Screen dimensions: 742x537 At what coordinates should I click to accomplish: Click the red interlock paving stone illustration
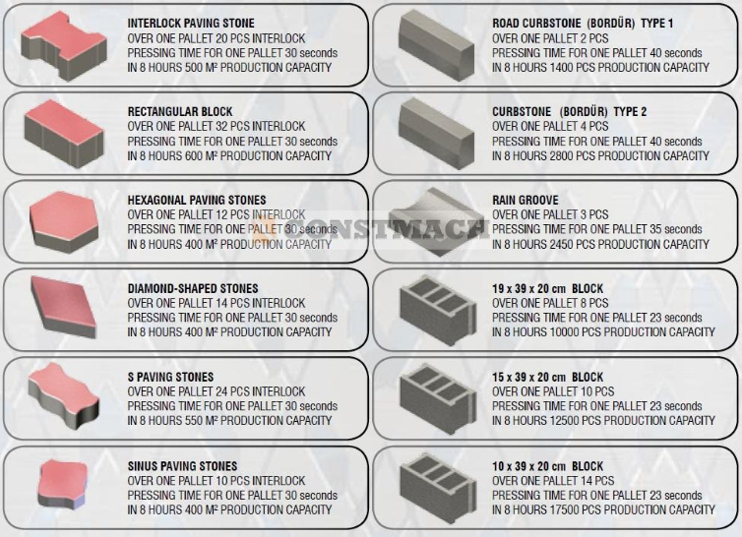[x=63, y=46]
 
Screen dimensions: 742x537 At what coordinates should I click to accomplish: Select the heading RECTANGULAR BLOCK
[x=180, y=112]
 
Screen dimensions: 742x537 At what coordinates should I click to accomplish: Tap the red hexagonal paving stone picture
[x=64, y=222]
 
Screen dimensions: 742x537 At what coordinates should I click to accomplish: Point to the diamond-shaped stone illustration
[x=63, y=308]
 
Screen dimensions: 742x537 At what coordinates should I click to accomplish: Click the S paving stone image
[x=63, y=395]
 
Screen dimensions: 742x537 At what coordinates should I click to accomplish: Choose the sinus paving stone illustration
[x=63, y=484]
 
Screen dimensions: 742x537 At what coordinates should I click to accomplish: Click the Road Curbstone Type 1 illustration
[x=436, y=45]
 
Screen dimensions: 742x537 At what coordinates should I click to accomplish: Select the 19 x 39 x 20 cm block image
[x=438, y=310]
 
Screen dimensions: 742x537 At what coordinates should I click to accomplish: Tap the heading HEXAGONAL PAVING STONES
[x=197, y=200]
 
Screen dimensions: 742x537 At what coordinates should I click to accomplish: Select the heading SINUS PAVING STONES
[x=182, y=466]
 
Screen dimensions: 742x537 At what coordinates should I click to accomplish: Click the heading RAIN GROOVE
[x=526, y=200]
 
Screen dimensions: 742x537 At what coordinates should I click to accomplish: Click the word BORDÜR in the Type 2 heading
[x=584, y=112]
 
